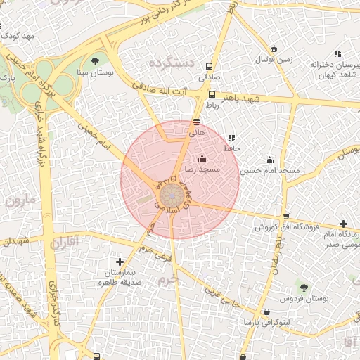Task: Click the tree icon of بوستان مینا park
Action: (96, 60)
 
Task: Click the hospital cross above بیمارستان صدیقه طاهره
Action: (120, 262)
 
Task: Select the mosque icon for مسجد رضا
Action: (202, 158)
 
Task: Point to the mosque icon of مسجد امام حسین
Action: (269, 160)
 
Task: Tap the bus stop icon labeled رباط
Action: (212, 94)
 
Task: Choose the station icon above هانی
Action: (196, 121)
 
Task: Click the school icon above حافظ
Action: (231, 138)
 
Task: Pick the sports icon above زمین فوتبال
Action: (274, 49)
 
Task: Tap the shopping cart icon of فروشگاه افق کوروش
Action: (285, 217)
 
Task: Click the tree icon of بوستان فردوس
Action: (304, 287)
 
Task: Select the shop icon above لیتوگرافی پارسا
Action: (266, 311)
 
